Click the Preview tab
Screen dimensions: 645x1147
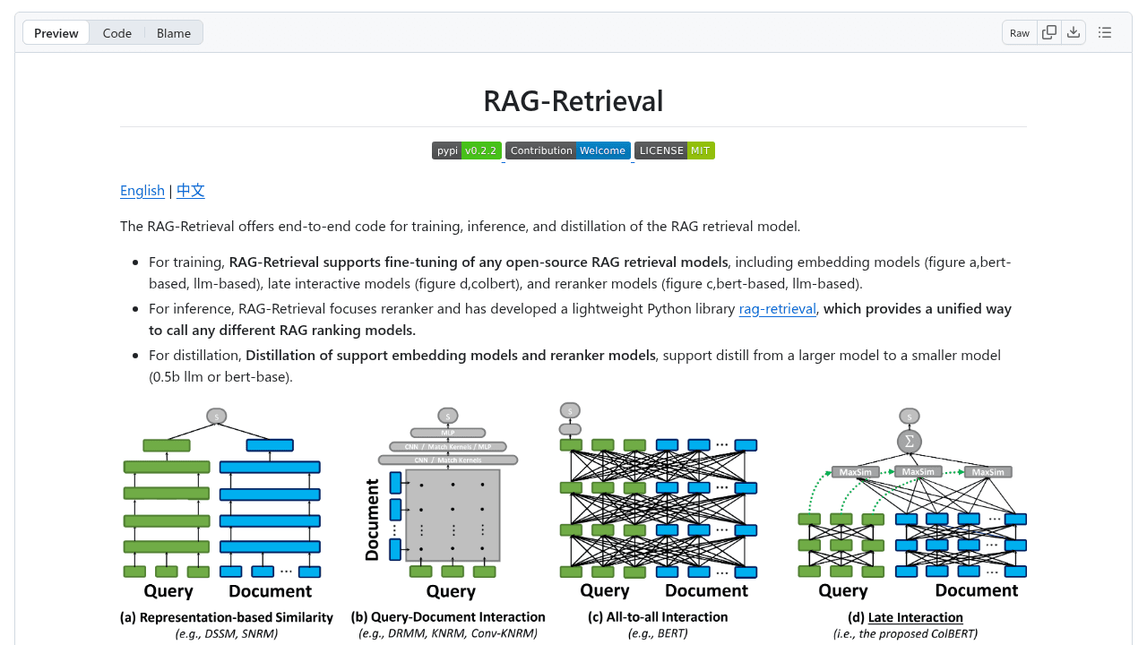(56, 33)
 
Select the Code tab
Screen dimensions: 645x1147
(116, 33)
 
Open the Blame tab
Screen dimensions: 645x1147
(173, 33)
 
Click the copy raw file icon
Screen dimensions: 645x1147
(1049, 32)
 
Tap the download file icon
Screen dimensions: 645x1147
(1074, 32)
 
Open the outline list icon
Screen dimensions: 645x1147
(1105, 32)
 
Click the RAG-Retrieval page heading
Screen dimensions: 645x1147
(573, 100)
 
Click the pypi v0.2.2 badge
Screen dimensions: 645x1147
(466, 150)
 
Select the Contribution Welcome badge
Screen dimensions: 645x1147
(567, 150)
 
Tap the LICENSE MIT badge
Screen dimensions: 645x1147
(674, 150)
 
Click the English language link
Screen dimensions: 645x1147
(142, 190)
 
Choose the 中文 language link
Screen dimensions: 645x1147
(191, 190)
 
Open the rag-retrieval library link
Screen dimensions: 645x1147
(777, 308)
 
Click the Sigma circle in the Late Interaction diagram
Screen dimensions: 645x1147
(909, 442)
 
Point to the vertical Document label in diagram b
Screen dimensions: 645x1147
(373, 520)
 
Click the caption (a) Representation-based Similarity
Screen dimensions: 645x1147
(226, 617)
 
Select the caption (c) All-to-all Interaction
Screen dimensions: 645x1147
(658, 617)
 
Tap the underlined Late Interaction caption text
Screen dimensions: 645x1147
(915, 617)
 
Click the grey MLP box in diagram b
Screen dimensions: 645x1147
(447, 433)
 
